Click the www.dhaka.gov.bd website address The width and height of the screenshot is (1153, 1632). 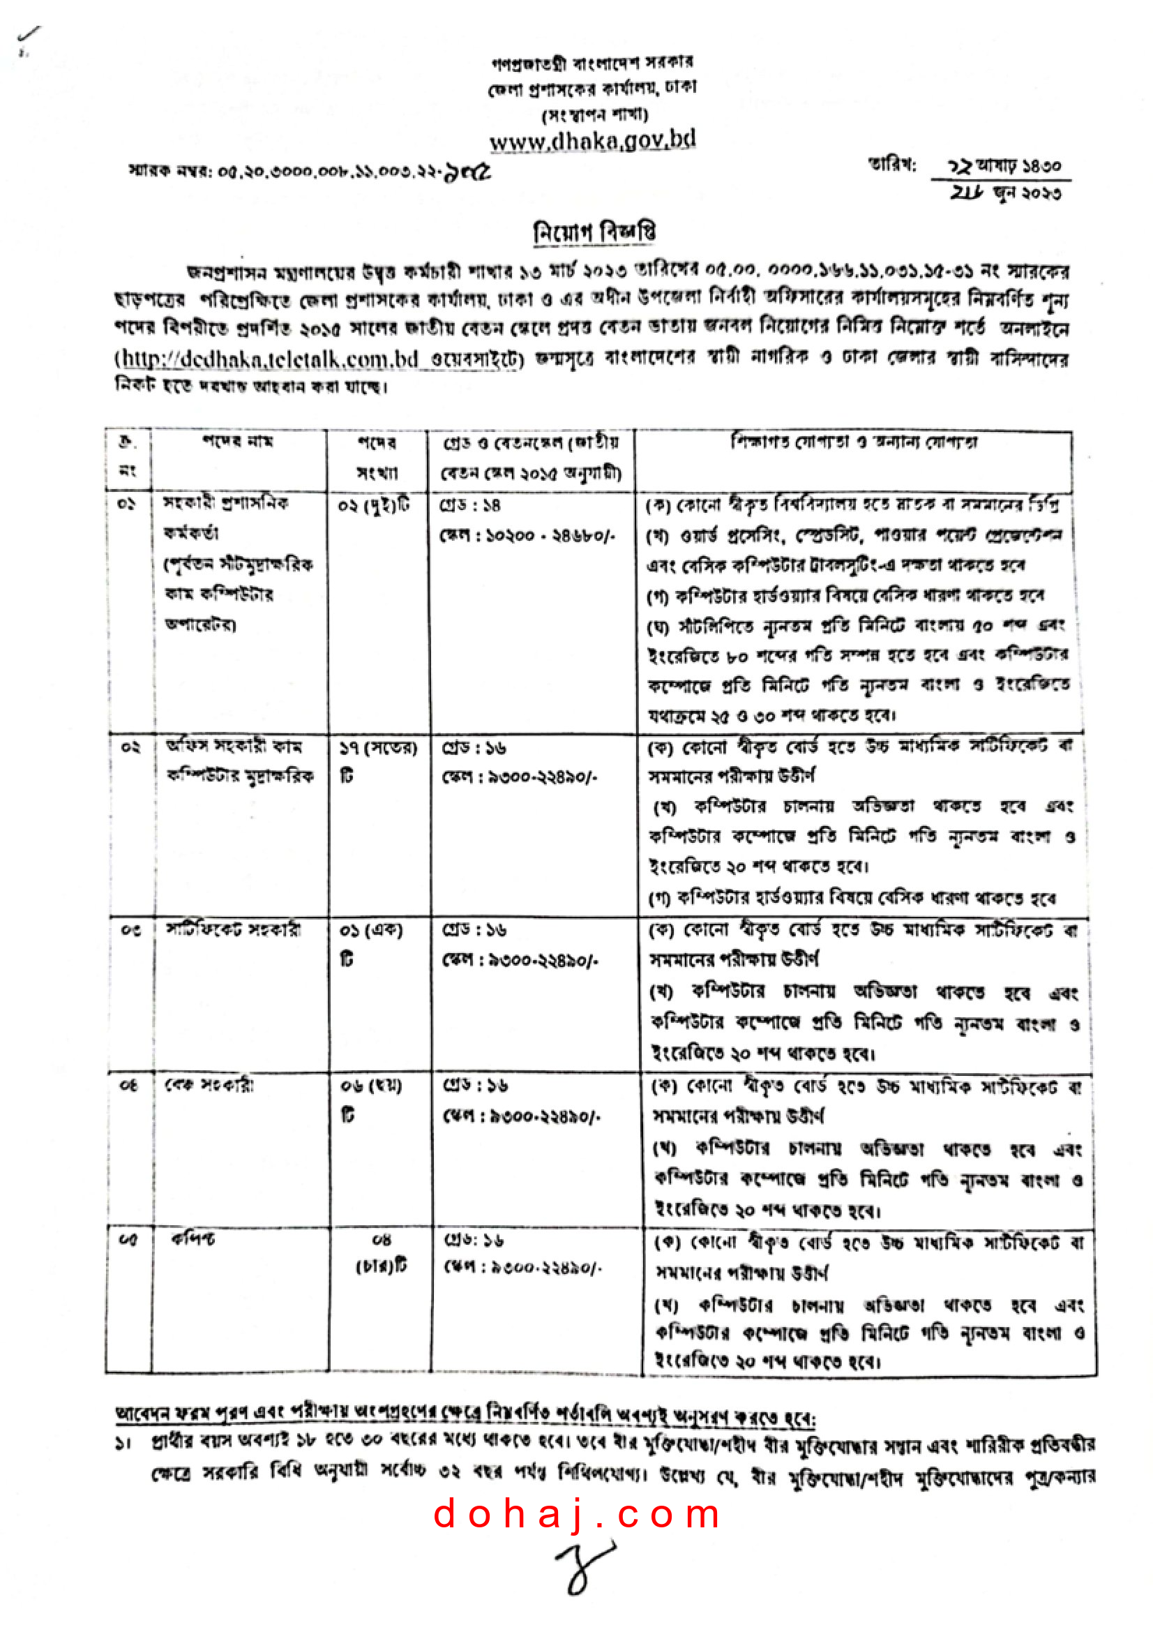tap(592, 140)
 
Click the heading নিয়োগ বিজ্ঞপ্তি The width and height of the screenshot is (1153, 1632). tap(594, 232)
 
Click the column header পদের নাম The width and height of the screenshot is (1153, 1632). tap(238, 442)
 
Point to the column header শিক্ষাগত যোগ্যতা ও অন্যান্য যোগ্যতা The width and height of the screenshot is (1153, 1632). tap(854, 442)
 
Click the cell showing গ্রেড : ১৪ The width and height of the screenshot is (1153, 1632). tap(471, 505)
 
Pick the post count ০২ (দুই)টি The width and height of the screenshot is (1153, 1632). tap(375, 505)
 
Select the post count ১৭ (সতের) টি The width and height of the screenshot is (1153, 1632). tap(377, 761)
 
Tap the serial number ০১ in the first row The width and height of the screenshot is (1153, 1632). tap(126, 504)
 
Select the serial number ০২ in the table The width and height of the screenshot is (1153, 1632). tap(130, 747)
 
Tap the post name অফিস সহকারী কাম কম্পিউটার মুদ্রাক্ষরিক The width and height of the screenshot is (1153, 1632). tap(239, 761)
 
